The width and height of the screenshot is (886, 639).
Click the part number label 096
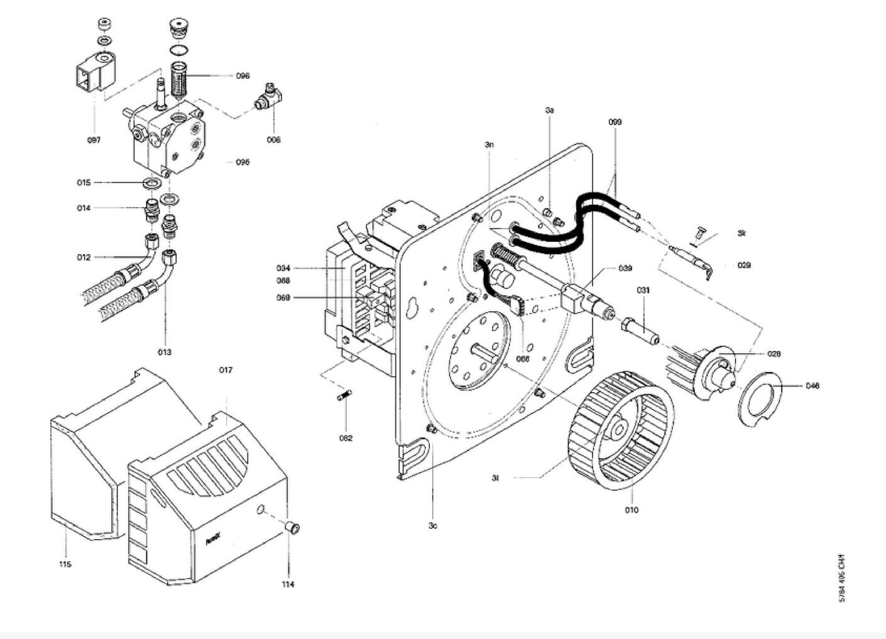[243, 76]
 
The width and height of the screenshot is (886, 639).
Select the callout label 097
[94, 140]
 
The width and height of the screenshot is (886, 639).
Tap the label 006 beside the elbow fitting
[273, 140]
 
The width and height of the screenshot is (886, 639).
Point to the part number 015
[84, 183]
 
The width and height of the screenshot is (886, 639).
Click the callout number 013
[165, 352]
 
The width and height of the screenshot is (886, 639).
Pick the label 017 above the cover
[226, 370]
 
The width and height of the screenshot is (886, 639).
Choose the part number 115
[65, 564]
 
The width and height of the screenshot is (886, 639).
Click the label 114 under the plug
[288, 584]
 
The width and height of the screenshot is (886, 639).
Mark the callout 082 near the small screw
[346, 438]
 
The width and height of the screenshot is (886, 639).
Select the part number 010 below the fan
[632, 510]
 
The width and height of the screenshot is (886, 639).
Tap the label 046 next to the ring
[812, 386]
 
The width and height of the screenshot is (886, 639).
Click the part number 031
[643, 290]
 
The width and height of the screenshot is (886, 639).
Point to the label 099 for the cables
[615, 122]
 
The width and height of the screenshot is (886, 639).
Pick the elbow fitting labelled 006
[268, 99]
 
